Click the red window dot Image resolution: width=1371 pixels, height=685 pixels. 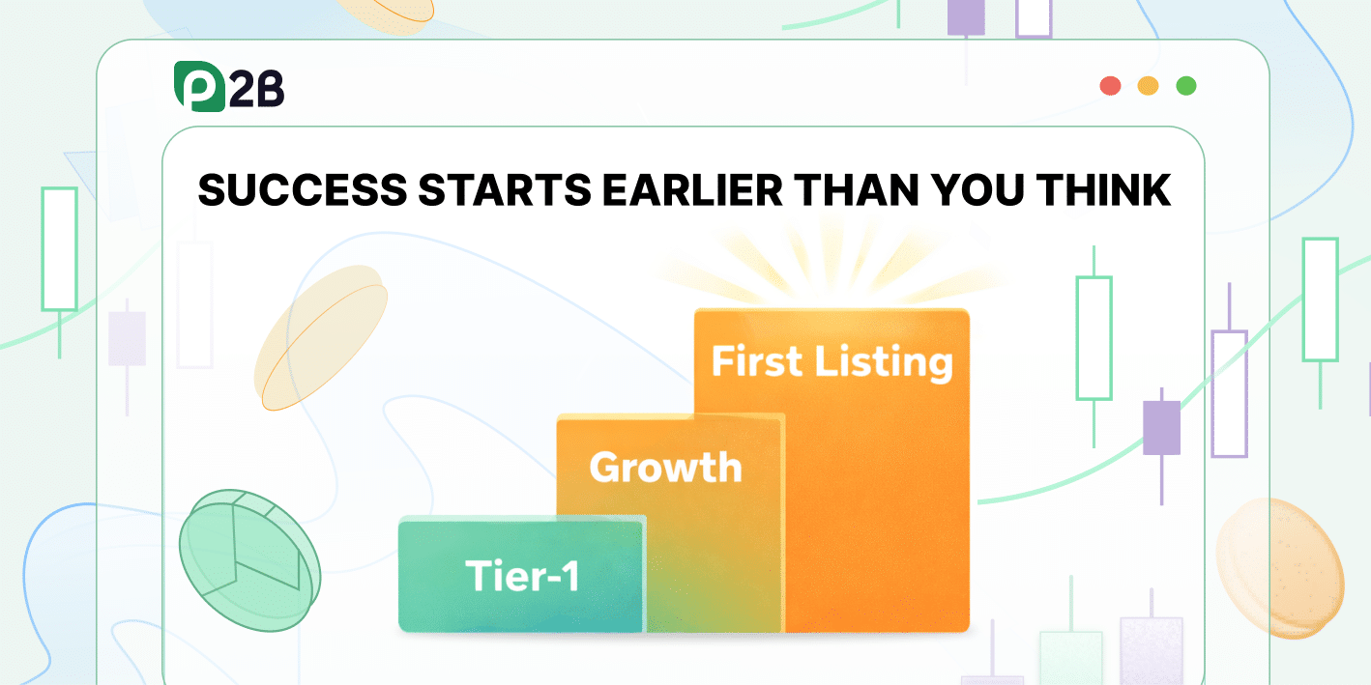1110,86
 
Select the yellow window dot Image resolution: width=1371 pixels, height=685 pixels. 1148,86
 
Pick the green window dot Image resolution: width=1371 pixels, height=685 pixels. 1185,86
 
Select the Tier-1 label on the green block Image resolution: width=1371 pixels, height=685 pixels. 522,576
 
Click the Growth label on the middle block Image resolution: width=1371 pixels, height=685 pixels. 665,468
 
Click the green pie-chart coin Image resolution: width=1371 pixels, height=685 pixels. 248,559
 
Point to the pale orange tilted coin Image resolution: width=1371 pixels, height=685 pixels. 320,337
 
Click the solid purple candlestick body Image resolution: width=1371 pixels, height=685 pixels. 1161,427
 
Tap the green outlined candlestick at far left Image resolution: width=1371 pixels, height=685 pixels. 59,249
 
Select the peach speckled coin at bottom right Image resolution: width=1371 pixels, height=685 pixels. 1278,556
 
